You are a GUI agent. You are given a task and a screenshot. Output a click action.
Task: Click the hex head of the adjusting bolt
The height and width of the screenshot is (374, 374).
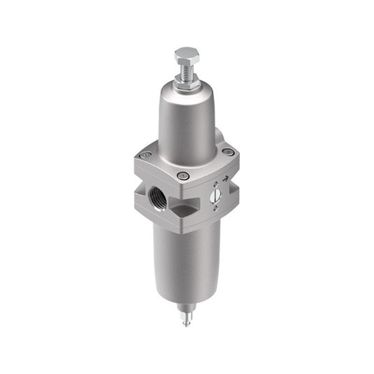point(187,56)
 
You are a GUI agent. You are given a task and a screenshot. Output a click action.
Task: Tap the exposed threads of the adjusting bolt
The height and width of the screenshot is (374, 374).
point(187,71)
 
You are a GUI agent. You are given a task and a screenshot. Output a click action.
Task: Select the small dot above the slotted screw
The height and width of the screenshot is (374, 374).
point(216,184)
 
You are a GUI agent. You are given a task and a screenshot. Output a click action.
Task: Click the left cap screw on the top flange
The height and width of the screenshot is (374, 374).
point(146,155)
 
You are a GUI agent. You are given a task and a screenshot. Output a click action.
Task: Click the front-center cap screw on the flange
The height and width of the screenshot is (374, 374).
point(182,176)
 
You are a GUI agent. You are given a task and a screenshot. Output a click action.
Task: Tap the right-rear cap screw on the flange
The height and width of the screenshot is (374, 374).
point(228,151)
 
